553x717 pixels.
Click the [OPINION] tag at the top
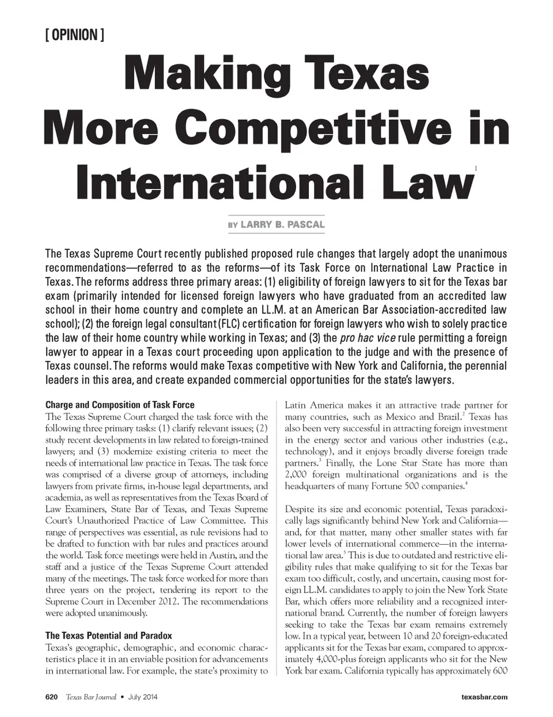click(73, 35)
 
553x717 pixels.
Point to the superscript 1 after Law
click(475, 168)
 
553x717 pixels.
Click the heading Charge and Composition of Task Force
click(120, 404)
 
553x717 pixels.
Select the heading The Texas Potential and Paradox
click(109, 635)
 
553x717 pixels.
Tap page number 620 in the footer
click(51, 697)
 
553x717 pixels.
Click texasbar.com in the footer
click(484, 697)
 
